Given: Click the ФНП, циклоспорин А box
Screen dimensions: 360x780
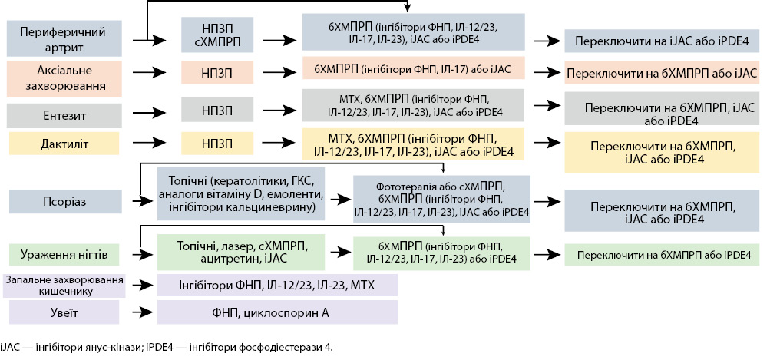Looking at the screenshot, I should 277,312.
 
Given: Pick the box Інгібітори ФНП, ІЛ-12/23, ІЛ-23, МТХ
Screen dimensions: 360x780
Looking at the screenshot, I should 277,286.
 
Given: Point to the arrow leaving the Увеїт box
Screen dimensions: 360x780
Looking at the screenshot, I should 141,312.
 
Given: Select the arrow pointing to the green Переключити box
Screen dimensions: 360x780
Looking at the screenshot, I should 547,253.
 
